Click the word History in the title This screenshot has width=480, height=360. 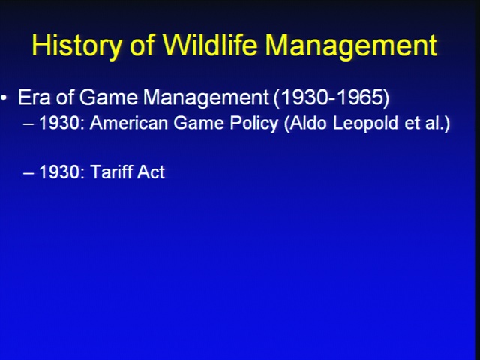pos(76,46)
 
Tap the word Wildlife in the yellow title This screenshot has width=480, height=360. pos(209,45)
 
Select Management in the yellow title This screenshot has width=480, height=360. pos(351,46)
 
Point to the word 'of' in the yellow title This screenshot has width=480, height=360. pos(142,45)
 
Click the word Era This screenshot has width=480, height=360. pos(34,97)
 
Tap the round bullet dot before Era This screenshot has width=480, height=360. pos(4,98)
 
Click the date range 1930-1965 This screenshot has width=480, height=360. pos(331,98)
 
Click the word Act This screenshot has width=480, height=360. pos(151,172)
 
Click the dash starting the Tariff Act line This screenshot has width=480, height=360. pos(28,173)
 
